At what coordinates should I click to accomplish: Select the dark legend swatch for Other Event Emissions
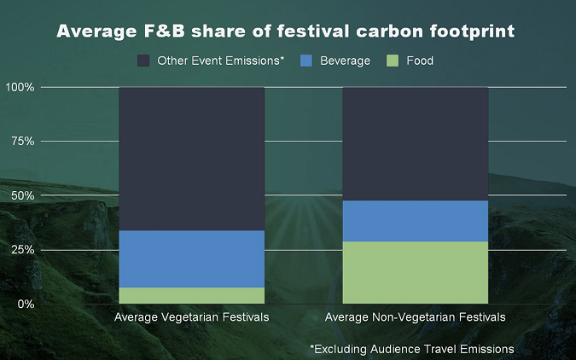pyautogui.click(x=143, y=61)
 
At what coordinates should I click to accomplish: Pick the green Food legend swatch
pyautogui.click(x=393, y=61)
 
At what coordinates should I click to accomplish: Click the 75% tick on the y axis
pyautogui.click(x=21, y=141)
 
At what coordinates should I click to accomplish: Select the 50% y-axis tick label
pyautogui.click(x=21, y=195)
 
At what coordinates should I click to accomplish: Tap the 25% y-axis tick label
pyautogui.click(x=21, y=250)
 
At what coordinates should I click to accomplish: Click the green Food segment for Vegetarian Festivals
pyautogui.click(x=191, y=295)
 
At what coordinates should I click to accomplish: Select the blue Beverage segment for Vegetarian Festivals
pyautogui.click(x=191, y=258)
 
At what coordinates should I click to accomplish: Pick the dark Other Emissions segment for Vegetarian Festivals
pyautogui.click(x=191, y=159)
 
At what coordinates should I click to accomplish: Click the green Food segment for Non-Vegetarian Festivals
pyautogui.click(x=415, y=272)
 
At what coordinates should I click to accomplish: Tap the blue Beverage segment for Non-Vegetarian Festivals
pyautogui.click(x=415, y=221)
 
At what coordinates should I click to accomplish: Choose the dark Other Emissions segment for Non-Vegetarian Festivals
pyautogui.click(x=415, y=143)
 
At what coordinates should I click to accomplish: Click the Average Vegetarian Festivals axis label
pyautogui.click(x=191, y=317)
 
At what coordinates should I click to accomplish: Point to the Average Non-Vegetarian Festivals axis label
pyautogui.click(x=415, y=317)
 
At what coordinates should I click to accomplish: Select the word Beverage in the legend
pyautogui.click(x=346, y=61)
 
